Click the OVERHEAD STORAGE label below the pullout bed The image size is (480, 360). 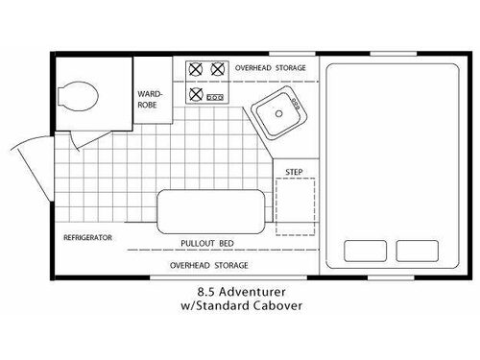point(208,265)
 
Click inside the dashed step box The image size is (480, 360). point(295,206)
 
